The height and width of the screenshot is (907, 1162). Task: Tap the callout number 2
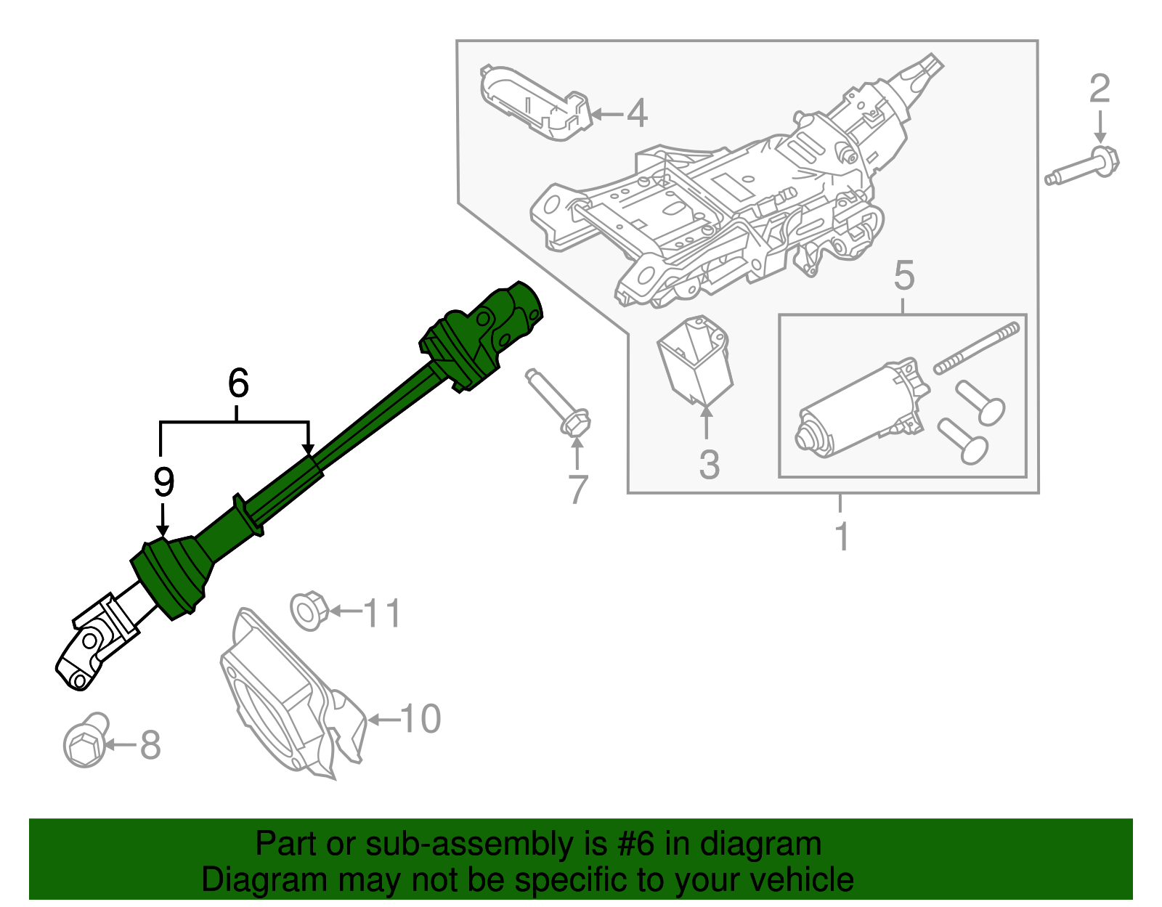(x=1100, y=89)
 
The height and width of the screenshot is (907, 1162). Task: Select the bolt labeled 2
(x=1086, y=168)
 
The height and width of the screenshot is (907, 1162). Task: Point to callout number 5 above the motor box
(x=904, y=276)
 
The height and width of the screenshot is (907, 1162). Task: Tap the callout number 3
(x=709, y=465)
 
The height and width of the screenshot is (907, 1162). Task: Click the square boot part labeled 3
(x=695, y=359)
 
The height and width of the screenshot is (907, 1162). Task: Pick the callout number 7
(x=577, y=489)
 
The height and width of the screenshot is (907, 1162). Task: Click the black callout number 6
(x=237, y=383)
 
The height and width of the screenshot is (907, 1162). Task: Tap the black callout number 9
(x=164, y=481)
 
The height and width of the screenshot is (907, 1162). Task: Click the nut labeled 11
(x=309, y=611)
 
